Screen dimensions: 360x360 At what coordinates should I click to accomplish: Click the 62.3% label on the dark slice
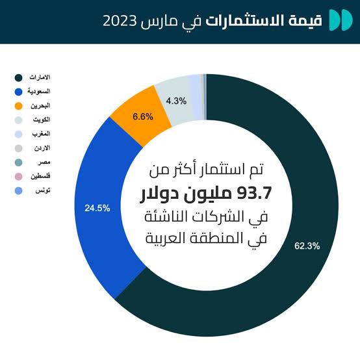(307, 246)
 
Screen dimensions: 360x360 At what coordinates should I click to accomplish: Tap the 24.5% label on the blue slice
(97, 208)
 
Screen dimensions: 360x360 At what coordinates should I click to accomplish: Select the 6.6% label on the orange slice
(143, 116)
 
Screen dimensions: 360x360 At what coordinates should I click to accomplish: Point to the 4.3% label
(176, 101)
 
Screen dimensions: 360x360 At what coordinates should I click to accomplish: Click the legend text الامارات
(40, 77)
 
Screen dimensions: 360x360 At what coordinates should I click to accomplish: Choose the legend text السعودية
(39, 91)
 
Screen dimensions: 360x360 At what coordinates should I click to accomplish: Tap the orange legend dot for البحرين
(18, 106)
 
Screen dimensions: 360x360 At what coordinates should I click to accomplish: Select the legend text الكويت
(42, 120)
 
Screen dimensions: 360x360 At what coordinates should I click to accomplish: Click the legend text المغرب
(41, 134)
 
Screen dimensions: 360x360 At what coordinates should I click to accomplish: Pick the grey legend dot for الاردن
(18, 148)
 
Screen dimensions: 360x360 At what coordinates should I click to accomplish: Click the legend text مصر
(44, 162)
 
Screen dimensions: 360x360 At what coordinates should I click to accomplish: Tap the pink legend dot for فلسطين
(18, 177)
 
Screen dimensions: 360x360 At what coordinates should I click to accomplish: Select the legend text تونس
(43, 190)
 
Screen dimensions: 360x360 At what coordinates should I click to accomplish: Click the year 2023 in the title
(120, 21)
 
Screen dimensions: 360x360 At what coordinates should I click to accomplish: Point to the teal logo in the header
(341, 20)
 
